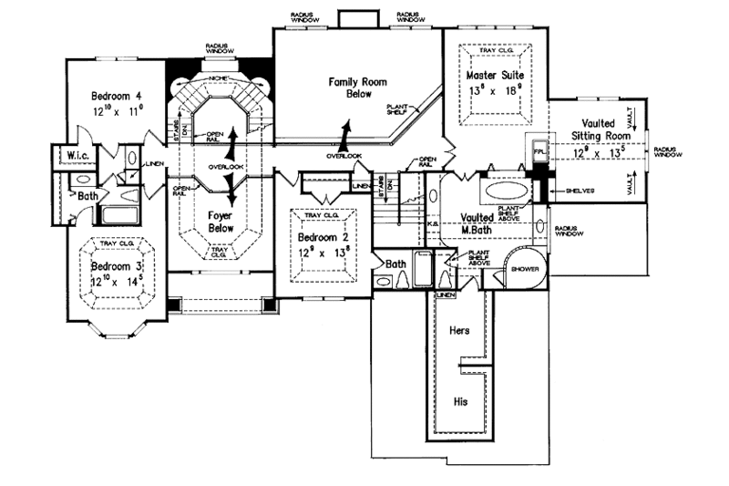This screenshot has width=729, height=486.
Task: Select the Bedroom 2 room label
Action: point(322,239)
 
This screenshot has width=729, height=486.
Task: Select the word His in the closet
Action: point(460,400)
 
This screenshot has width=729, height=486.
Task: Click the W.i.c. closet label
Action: point(72,154)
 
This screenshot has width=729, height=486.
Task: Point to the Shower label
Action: point(525,271)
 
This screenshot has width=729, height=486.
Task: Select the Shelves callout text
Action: point(580,191)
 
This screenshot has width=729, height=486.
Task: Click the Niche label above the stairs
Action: point(217,78)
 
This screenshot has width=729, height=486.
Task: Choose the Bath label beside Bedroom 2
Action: point(395,264)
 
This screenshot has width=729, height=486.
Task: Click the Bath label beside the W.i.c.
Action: point(87,195)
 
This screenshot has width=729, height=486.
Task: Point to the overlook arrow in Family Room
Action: point(344,132)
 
